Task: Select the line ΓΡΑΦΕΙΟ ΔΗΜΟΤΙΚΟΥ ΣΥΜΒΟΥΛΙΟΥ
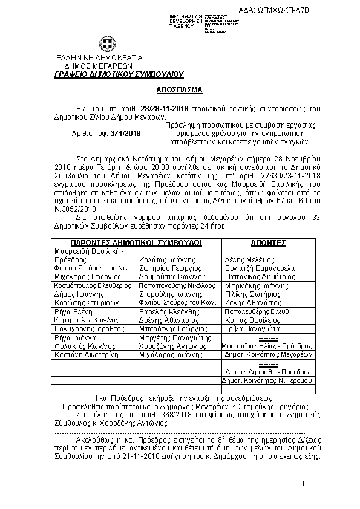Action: (117, 74)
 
